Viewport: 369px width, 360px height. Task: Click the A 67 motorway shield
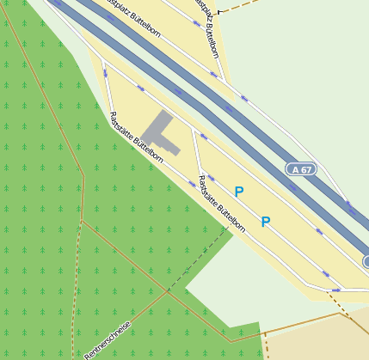point(301,169)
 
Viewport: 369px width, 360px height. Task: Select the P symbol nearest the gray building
point(239,192)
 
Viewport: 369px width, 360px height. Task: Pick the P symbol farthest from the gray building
point(266,222)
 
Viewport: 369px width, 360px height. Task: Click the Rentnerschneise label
point(108,340)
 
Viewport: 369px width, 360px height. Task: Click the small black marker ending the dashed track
point(220,12)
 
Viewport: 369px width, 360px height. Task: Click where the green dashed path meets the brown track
point(169,291)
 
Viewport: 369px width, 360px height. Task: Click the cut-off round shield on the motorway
point(365,261)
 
